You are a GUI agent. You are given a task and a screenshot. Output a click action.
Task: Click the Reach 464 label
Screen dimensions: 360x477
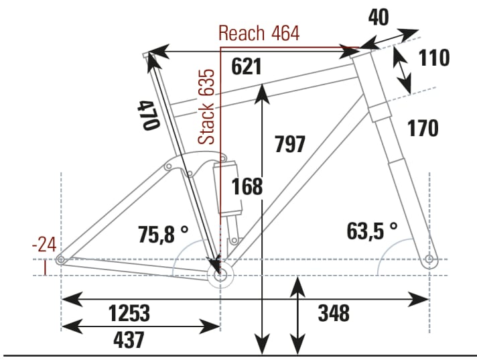(259, 34)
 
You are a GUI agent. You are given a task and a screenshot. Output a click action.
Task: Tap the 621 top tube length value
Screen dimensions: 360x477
(245, 67)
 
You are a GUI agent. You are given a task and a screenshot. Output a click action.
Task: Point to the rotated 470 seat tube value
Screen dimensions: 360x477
(148, 115)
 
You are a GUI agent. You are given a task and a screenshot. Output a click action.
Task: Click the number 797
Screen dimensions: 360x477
(290, 143)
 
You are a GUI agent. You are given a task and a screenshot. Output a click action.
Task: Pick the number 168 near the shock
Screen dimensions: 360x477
(247, 187)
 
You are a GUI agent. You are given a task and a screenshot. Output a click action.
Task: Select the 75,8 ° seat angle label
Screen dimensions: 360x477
(163, 235)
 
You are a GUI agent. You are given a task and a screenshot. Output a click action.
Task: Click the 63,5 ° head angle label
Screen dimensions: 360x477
(372, 231)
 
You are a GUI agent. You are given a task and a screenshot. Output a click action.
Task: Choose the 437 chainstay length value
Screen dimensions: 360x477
(129, 340)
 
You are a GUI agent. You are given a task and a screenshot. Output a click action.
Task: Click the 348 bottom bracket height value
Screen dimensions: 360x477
(334, 312)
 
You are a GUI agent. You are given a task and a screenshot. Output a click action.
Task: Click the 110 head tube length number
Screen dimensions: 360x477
(434, 58)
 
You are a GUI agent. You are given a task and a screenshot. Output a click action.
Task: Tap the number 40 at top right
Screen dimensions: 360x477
(378, 18)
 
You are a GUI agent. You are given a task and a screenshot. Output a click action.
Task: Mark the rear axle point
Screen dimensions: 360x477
(61, 259)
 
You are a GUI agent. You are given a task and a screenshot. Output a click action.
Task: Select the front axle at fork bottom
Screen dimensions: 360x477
(429, 259)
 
